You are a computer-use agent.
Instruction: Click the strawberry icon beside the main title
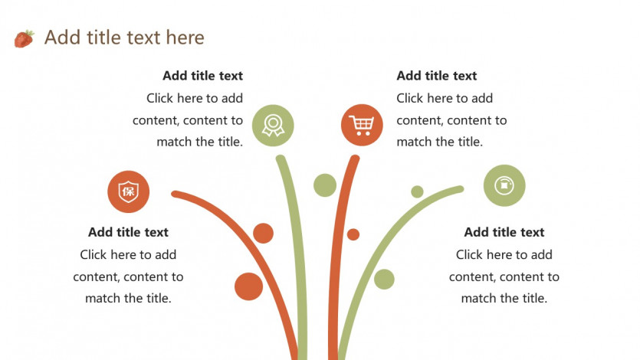tap(24, 39)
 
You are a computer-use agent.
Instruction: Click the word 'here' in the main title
tap(185, 38)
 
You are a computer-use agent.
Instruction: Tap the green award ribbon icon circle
tap(273, 125)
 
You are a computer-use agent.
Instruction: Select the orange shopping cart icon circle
tap(362, 125)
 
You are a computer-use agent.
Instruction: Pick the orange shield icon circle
tap(128, 191)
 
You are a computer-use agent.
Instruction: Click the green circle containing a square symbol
tap(504, 185)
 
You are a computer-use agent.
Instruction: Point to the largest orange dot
tap(248, 286)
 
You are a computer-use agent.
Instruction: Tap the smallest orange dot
tap(353, 234)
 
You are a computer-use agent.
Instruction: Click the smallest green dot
tap(417, 191)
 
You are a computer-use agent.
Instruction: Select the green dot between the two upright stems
tap(325, 185)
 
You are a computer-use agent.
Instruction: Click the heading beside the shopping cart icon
tap(437, 76)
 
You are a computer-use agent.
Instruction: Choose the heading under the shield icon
tap(128, 232)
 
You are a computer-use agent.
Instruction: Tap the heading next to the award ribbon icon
tap(203, 76)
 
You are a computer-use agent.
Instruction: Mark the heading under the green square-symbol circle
tap(504, 232)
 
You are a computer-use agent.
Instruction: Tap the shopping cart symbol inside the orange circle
tap(362, 125)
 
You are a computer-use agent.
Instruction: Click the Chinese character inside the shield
tap(129, 191)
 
